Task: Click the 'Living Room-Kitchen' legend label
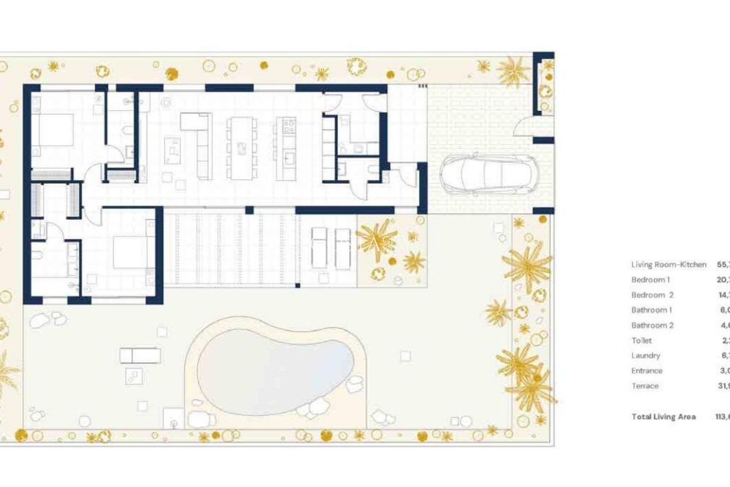(668, 264)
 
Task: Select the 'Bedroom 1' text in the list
(650, 280)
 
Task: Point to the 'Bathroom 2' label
(652, 325)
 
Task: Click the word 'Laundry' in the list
(646, 355)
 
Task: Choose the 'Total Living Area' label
(663, 417)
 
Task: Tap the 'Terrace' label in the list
(645, 386)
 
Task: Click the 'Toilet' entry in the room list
(641, 341)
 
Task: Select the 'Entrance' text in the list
(646, 371)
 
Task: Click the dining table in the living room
(241, 148)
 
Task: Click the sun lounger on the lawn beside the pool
(140, 356)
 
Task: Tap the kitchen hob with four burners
(290, 125)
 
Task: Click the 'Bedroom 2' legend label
(652, 295)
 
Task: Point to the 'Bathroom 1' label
(651, 310)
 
